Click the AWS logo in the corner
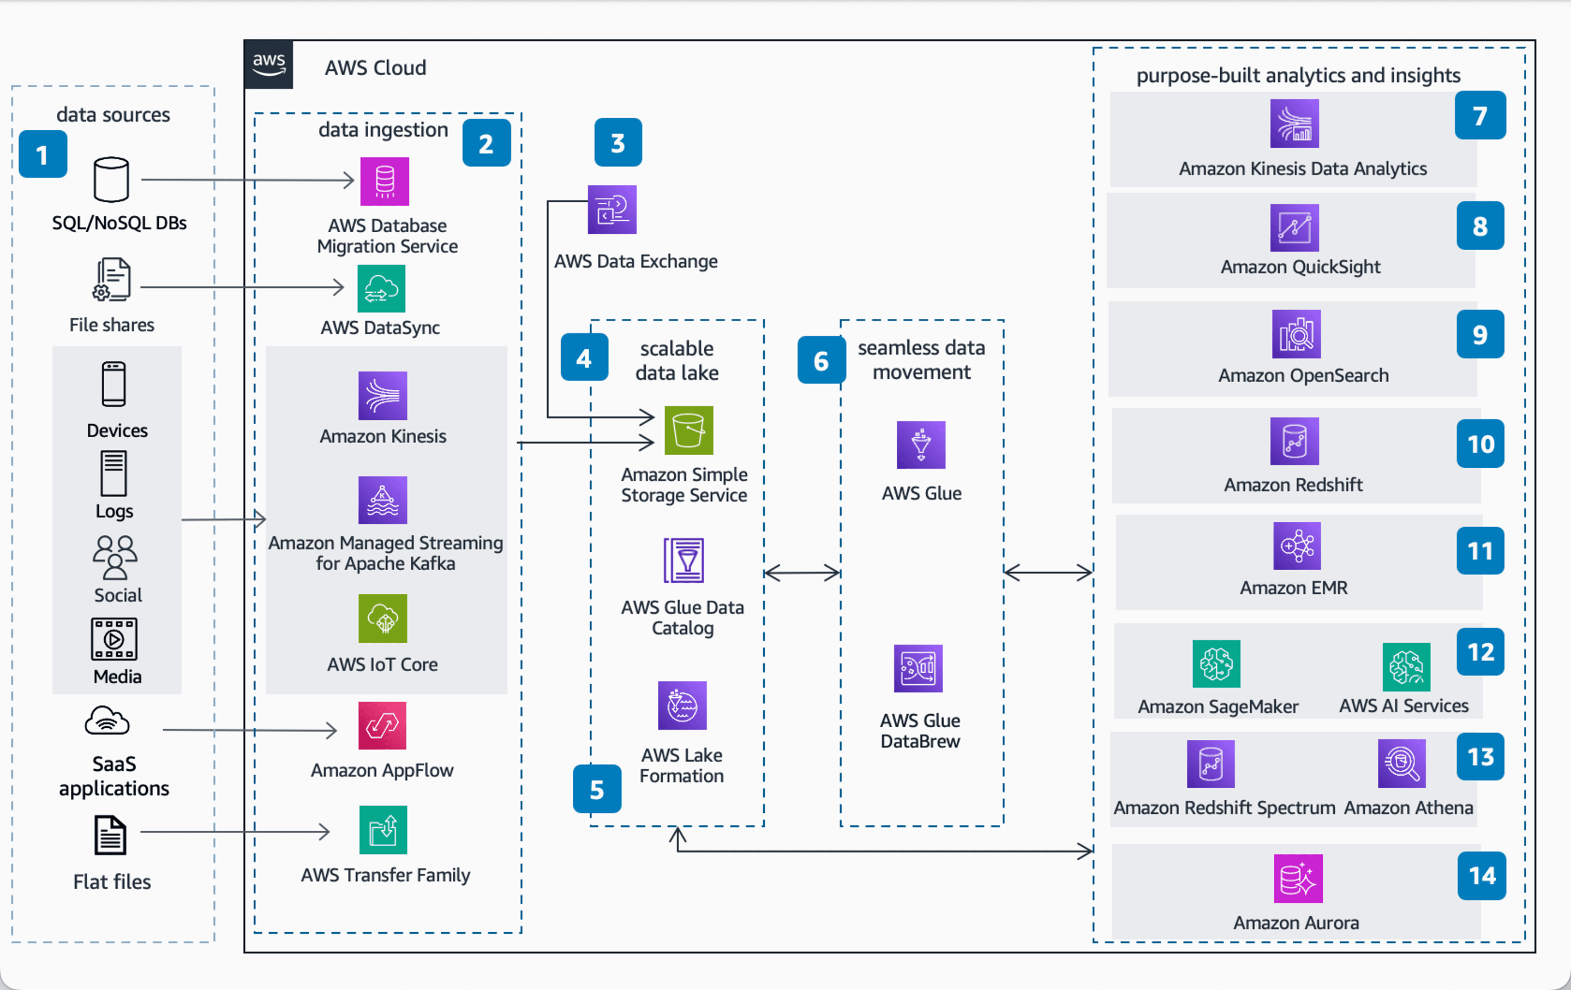click(x=268, y=64)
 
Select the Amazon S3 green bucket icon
click(x=688, y=431)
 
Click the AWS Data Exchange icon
click(x=611, y=209)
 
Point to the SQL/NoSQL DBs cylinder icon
click(x=111, y=179)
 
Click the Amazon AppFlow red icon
click(x=382, y=725)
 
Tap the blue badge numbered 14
click(x=1481, y=875)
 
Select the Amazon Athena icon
click(x=1401, y=763)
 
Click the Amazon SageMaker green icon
click(x=1215, y=664)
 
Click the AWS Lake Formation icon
click(x=682, y=705)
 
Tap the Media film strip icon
click(x=113, y=639)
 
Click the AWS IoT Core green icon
click(x=382, y=618)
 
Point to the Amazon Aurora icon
click(x=1298, y=878)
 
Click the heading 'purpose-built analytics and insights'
click(x=1298, y=76)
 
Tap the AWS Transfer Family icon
click(x=382, y=830)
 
